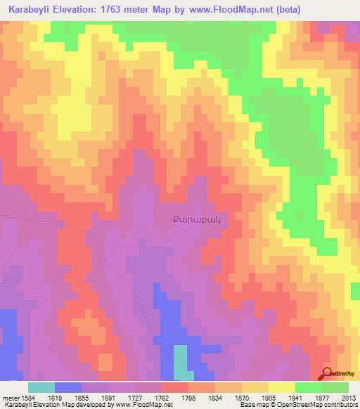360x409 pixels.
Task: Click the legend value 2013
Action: click(349, 398)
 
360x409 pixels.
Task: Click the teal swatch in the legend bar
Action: click(41, 387)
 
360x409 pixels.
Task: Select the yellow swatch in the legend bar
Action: click(282, 387)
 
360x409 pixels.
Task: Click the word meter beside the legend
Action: click(11, 398)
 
